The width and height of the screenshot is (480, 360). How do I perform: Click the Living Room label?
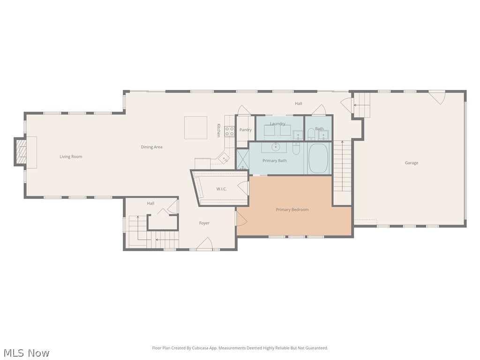71,157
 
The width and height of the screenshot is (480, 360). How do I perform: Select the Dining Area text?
151,147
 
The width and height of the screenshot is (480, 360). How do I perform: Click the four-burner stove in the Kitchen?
230,131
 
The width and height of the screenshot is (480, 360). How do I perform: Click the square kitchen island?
195,127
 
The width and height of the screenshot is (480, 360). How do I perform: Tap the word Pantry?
245,130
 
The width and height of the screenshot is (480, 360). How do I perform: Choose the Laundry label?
277,124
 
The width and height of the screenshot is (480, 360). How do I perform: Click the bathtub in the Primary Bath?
319,158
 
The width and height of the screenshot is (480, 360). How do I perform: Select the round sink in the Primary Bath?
277,147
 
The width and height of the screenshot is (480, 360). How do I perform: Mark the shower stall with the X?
242,159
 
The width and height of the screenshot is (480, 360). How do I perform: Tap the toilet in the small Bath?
311,135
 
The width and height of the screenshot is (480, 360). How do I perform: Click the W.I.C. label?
222,189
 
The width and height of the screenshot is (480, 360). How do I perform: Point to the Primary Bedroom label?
292,210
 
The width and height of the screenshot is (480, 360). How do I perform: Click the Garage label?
412,163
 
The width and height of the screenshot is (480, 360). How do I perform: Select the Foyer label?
204,223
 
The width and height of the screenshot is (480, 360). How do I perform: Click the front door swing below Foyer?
205,244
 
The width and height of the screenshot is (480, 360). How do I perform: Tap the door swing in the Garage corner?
437,97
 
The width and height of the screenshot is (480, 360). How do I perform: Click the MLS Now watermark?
26,352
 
